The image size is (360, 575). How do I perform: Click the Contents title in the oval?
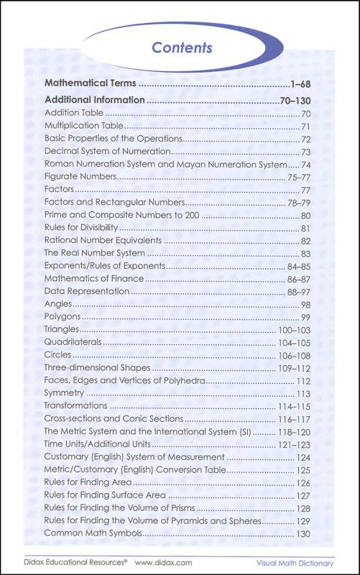pyautogui.click(x=182, y=48)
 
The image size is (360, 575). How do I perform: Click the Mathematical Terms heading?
pyautogui.click(x=91, y=84)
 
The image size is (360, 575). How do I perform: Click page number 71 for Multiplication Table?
pyautogui.click(x=305, y=126)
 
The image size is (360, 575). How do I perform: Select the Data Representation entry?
pyautogui.click(x=87, y=291)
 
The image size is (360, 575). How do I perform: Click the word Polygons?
pyautogui.click(x=63, y=316)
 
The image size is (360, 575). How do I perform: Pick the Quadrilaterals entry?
pyautogui.click(x=73, y=342)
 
